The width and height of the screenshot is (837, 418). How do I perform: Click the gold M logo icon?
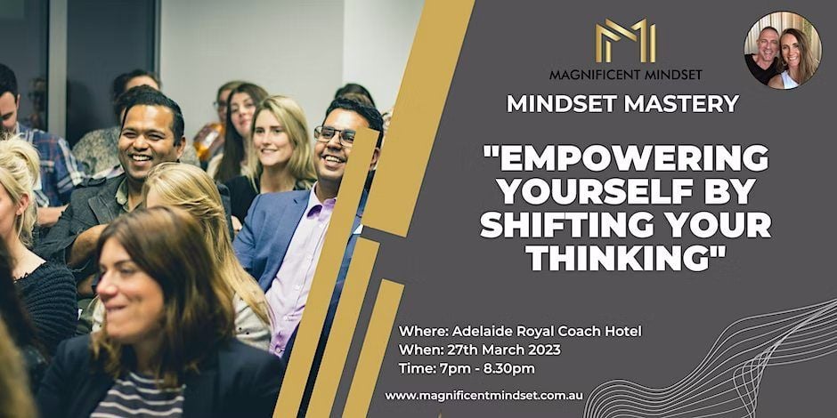(626, 41)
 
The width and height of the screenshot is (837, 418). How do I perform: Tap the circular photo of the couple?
(783, 50)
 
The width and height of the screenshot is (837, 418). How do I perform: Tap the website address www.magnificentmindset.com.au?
(484, 396)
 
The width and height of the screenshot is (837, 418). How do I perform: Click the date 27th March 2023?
(506, 350)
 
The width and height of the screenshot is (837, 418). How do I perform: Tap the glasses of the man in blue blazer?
(335, 135)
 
